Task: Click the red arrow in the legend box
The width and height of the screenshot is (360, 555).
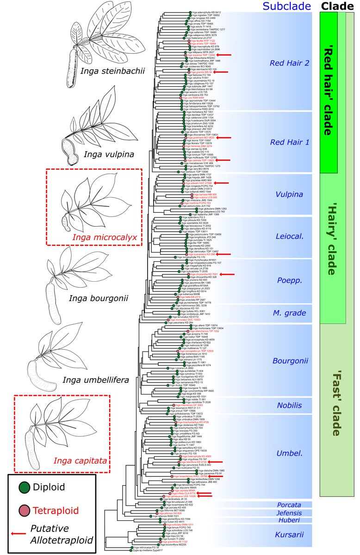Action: tap(18, 534)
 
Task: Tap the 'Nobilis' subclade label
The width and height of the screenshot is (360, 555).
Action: tap(289, 406)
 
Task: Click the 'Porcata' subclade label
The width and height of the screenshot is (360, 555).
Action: tap(289, 504)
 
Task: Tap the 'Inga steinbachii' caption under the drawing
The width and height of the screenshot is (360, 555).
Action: tap(112, 71)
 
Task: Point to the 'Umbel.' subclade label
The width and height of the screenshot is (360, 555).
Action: tap(289, 453)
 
